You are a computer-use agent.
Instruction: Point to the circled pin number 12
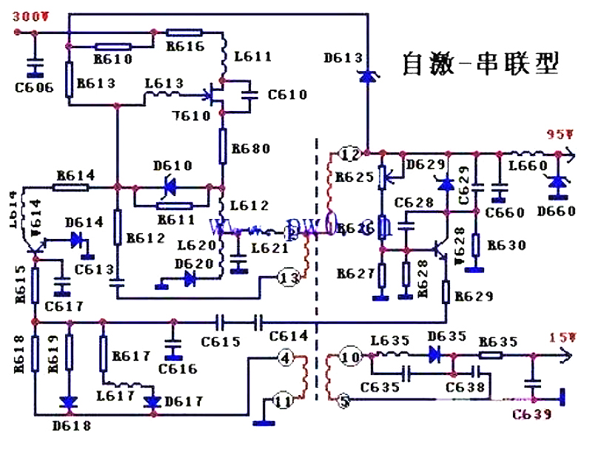click(x=349, y=155)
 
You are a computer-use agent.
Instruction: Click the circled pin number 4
click(x=285, y=357)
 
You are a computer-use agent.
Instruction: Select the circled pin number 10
click(x=350, y=358)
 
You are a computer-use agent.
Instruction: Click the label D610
click(x=172, y=166)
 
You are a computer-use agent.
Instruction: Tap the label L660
click(x=526, y=166)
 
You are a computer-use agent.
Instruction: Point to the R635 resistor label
click(x=497, y=343)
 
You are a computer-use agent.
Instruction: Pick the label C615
click(x=222, y=342)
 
